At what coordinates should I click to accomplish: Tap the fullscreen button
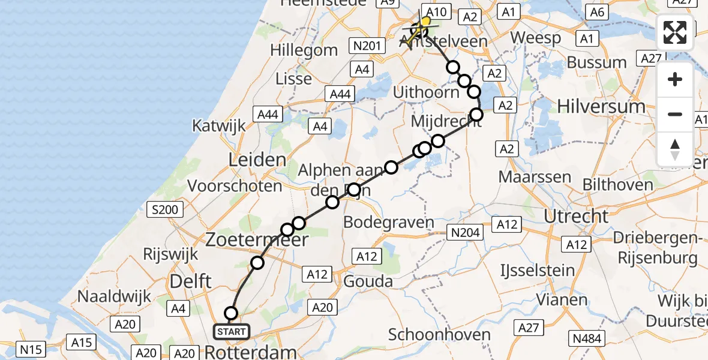[x=675, y=32]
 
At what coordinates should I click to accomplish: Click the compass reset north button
[x=675, y=149]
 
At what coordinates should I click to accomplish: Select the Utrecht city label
[x=576, y=216]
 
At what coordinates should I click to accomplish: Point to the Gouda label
[x=368, y=281]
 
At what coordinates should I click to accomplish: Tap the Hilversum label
[x=601, y=106]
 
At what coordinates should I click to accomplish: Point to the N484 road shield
[x=587, y=338]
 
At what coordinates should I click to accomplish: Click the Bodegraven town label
[x=388, y=222]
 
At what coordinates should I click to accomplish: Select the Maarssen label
[x=534, y=177]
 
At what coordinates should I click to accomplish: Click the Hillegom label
[x=304, y=50]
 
